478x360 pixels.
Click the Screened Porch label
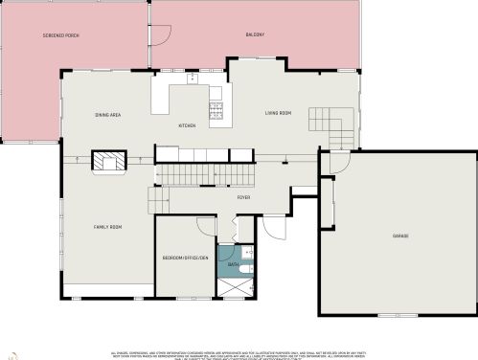click(60, 35)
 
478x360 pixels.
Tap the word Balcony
click(253, 35)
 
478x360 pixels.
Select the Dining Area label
click(107, 115)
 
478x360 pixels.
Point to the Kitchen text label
click(188, 125)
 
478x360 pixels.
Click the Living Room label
click(278, 113)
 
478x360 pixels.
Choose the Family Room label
click(107, 226)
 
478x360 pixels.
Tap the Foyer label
click(244, 197)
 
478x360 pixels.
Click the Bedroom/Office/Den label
click(185, 258)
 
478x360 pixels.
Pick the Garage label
click(400, 235)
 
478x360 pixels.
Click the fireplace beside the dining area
click(107, 161)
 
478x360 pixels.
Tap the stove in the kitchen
click(216, 111)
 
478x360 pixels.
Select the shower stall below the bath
click(233, 287)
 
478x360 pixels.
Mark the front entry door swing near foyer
click(275, 230)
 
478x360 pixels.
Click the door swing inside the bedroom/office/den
click(205, 226)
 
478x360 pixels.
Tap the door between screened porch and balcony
click(160, 35)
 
